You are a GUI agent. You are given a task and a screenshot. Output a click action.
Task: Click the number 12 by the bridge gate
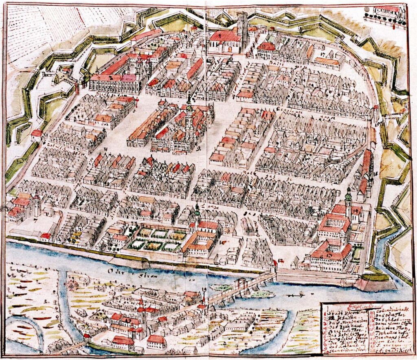(280, 261)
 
